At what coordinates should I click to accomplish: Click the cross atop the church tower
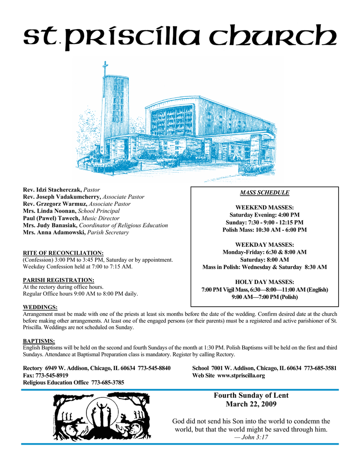[x=106, y=69]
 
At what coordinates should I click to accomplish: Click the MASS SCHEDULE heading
[x=264, y=192]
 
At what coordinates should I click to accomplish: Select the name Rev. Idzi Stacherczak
[x=52, y=189]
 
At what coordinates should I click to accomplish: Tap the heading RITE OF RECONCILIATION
[x=63, y=253]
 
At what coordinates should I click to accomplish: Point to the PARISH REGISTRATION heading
[x=59, y=280]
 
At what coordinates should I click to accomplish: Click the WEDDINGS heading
[x=40, y=307]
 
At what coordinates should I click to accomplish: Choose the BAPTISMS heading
[x=39, y=341]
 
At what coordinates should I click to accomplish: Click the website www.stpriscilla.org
[x=241, y=376]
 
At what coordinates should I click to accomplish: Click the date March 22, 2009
[x=251, y=404]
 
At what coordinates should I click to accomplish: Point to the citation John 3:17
[x=251, y=437]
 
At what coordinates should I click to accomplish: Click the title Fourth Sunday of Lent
[x=251, y=395]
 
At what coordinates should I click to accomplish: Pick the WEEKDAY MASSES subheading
[x=264, y=245]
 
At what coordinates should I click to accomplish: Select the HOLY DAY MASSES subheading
[x=264, y=282]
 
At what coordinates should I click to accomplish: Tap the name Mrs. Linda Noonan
[x=50, y=211]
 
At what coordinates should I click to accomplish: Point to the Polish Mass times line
[x=264, y=230]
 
